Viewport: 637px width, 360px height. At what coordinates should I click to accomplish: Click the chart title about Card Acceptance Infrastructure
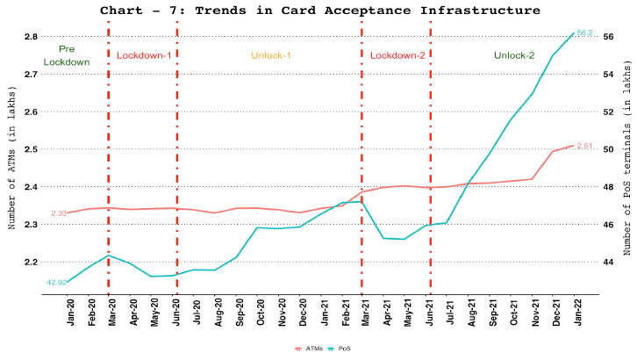(x=320, y=11)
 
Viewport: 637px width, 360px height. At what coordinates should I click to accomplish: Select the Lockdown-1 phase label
(x=144, y=55)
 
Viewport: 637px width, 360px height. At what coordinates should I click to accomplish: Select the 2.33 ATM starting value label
(x=60, y=238)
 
